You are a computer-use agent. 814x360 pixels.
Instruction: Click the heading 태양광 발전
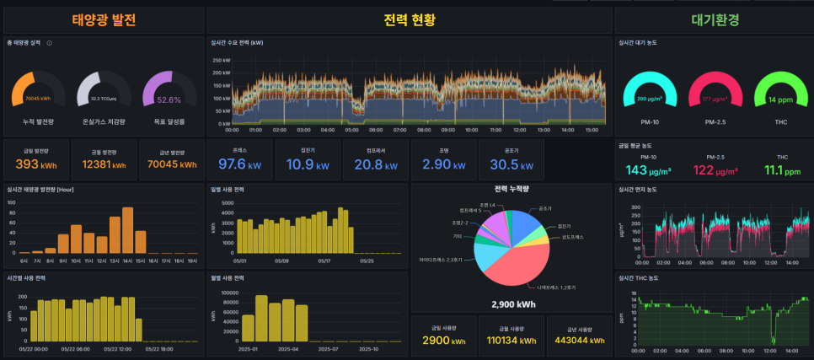pyautogui.click(x=104, y=19)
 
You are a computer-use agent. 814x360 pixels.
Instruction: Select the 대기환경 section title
pyautogui.click(x=714, y=19)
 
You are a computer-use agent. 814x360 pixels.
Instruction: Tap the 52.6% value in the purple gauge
pyautogui.click(x=169, y=99)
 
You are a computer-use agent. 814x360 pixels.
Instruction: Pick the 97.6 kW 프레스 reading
pyautogui.click(x=240, y=164)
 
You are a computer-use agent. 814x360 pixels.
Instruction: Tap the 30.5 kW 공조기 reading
pyautogui.click(x=511, y=164)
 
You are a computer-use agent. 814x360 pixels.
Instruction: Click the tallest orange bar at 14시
pyautogui.click(x=127, y=229)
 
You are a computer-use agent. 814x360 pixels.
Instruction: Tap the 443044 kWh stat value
pyautogui.click(x=580, y=340)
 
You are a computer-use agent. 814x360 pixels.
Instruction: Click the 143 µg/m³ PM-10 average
pyautogui.click(x=648, y=170)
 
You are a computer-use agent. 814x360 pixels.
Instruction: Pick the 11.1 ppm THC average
pyautogui.click(x=781, y=170)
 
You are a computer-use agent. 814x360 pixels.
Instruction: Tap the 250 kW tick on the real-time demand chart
pyautogui.click(x=221, y=61)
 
